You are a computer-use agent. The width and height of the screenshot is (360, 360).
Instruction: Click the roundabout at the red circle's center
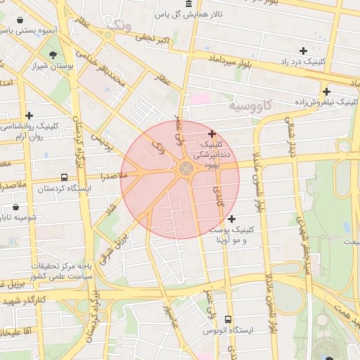186,168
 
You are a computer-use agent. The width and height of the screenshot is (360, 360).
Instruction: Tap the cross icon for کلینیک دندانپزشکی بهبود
212,134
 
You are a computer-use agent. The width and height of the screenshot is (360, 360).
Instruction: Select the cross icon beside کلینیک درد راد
303,51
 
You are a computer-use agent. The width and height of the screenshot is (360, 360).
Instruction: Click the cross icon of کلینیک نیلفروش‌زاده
326,91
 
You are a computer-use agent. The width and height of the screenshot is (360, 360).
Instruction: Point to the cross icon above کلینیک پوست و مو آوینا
231,219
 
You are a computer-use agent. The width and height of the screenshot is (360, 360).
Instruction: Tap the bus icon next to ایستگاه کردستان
65,178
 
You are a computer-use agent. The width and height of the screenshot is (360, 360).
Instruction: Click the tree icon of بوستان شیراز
53,55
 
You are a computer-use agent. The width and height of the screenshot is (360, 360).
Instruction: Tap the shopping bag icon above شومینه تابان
15,207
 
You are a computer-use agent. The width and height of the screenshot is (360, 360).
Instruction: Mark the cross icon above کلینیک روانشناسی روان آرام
29,115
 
